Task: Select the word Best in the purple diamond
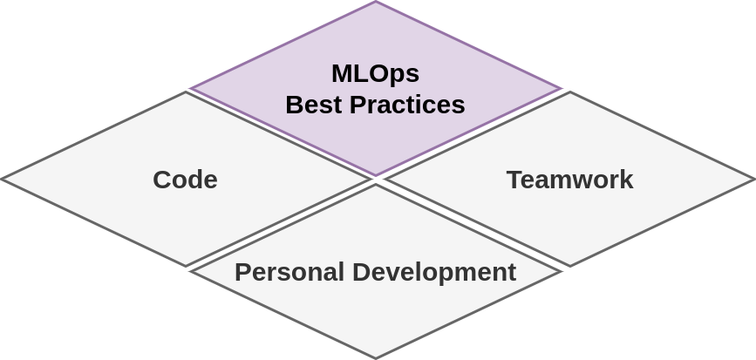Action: pyautogui.click(x=314, y=105)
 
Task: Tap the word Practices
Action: pyautogui.click(x=407, y=105)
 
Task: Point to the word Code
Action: pyautogui.click(x=185, y=180)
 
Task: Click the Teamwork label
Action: pyautogui.click(x=569, y=180)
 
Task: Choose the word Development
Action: pyautogui.click(x=434, y=272)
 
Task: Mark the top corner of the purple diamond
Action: pyautogui.click(x=376, y=2)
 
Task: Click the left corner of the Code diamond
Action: pyautogui.click(x=2, y=180)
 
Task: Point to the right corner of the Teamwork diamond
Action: pyautogui.click(x=754, y=180)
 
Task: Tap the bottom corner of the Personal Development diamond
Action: pyautogui.click(x=376, y=358)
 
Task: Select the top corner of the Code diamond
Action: pyautogui.click(x=186, y=92)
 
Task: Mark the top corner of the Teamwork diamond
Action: pyautogui.click(x=570, y=92)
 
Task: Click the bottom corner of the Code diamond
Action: pyautogui.click(x=186, y=266)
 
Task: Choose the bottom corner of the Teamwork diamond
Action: pyautogui.click(x=570, y=266)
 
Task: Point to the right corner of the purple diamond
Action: pyautogui.click(x=560, y=88)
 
